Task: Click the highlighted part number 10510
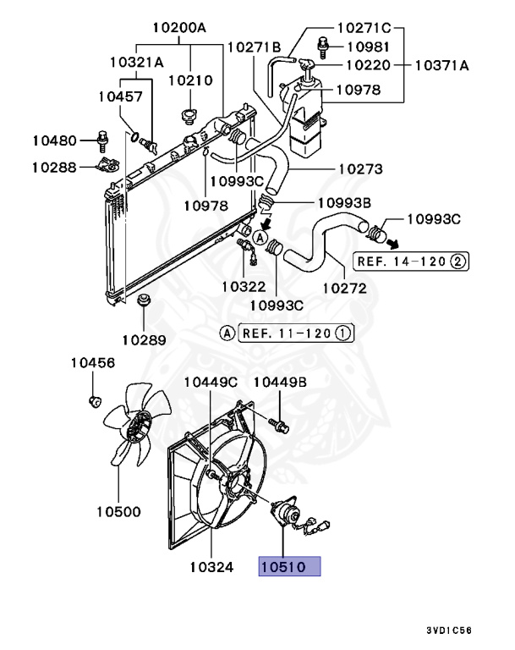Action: (289, 566)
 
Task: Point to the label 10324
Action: (211, 566)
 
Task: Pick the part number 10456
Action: (92, 362)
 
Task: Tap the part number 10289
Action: (144, 339)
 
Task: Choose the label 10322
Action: (244, 287)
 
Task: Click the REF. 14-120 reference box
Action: (409, 261)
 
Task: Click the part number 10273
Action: (362, 168)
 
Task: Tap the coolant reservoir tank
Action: (306, 119)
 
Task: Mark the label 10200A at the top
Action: (179, 28)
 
